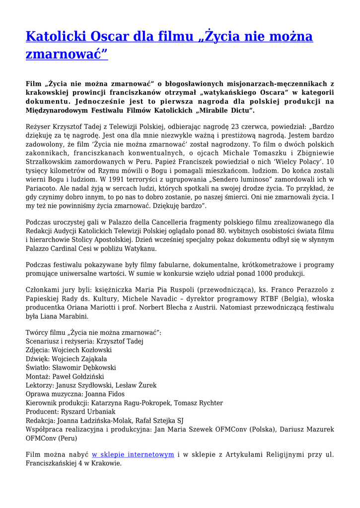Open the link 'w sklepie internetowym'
tap(133, 454)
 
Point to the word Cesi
tap(85, 249)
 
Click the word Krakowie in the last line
tap(105, 463)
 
